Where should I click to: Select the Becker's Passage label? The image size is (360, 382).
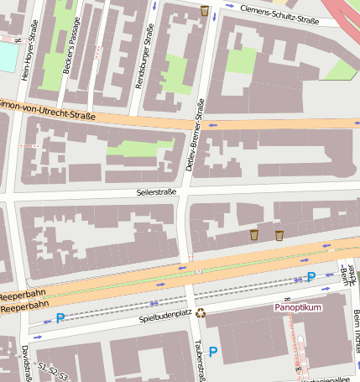(x=70, y=50)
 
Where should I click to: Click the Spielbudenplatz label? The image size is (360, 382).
(x=165, y=317)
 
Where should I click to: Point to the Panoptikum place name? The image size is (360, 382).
(x=298, y=307)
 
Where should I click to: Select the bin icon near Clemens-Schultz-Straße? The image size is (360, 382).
(x=205, y=11)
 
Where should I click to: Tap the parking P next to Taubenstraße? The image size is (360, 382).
(x=212, y=352)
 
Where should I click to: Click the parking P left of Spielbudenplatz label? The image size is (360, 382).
(x=60, y=318)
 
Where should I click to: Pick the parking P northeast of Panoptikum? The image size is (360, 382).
(x=311, y=276)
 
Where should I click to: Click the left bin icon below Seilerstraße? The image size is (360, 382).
(x=254, y=234)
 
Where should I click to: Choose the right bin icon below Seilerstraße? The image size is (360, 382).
(x=279, y=235)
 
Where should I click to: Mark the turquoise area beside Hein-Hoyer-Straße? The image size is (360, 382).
(x=8, y=57)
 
